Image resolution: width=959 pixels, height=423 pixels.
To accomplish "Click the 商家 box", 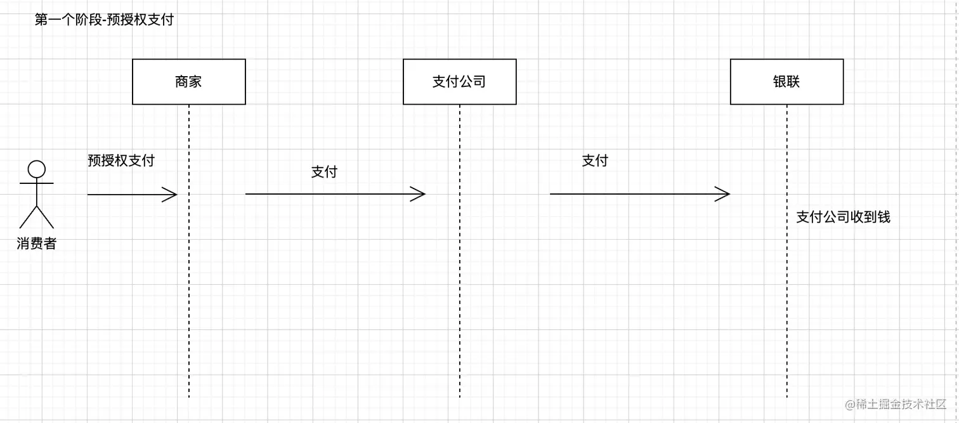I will tap(188, 82).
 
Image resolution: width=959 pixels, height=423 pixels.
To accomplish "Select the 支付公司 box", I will tap(459, 82).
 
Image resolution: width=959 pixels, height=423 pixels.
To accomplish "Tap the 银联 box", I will tap(786, 82).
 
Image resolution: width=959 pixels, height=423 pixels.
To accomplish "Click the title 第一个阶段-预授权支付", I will tap(104, 20).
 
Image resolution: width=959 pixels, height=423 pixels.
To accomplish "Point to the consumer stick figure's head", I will tap(37, 169).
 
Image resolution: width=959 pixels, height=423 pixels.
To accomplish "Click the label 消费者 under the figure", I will tap(37, 244).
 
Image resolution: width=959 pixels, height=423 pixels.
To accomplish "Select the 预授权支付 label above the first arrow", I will tap(121, 160).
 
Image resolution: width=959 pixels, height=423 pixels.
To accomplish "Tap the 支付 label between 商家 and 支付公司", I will tap(324, 172).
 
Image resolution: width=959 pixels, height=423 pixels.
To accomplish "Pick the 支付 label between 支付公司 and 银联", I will tap(595, 161).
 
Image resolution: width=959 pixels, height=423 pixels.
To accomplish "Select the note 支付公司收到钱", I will tap(843, 217).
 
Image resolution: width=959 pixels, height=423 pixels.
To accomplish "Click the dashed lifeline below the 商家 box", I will tap(189, 285).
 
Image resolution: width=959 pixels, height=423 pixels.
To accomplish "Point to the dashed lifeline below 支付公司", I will tap(459, 285).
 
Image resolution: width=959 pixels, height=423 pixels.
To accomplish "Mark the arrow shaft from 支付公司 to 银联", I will tap(634, 194).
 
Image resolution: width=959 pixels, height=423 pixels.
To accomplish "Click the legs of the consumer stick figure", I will tap(37, 217).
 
